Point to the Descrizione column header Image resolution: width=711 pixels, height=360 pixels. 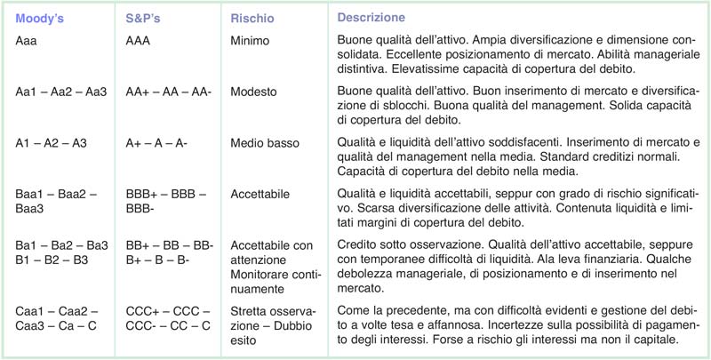(371, 17)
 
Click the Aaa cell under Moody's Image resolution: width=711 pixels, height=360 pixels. (28, 40)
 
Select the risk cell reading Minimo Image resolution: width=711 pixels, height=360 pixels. (251, 40)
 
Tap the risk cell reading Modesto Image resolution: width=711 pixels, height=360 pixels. (252, 92)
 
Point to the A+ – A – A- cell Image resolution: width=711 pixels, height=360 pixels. (156, 142)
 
